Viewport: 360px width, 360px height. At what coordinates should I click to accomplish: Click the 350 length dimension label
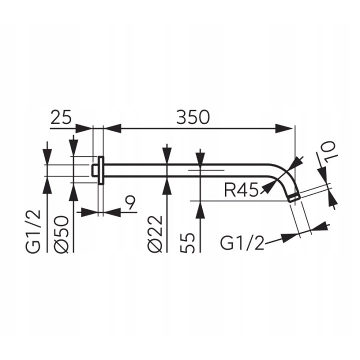(193, 117)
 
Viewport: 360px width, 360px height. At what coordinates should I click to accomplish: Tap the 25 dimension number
(61, 117)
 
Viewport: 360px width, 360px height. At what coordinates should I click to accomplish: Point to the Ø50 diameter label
(61, 234)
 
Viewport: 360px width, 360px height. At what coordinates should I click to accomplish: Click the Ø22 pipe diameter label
(155, 234)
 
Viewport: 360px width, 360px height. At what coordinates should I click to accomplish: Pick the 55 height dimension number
(188, 242)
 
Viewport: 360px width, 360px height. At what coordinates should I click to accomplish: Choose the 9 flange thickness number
(130, 203)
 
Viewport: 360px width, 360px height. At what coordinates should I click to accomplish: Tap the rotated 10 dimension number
(328, 152)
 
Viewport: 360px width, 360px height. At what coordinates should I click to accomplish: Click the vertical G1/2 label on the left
(33, 230)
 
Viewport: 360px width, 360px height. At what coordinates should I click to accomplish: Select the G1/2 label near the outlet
(242, 243)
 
